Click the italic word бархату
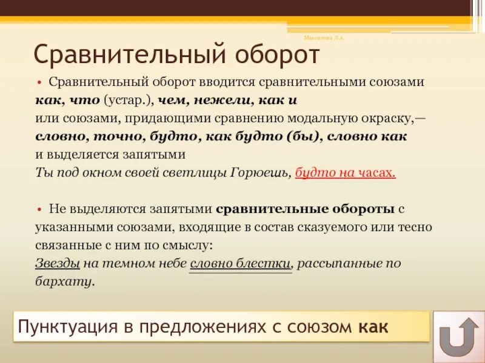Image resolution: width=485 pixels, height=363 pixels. (65, 281)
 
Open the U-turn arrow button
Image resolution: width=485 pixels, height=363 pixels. (458, 334)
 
